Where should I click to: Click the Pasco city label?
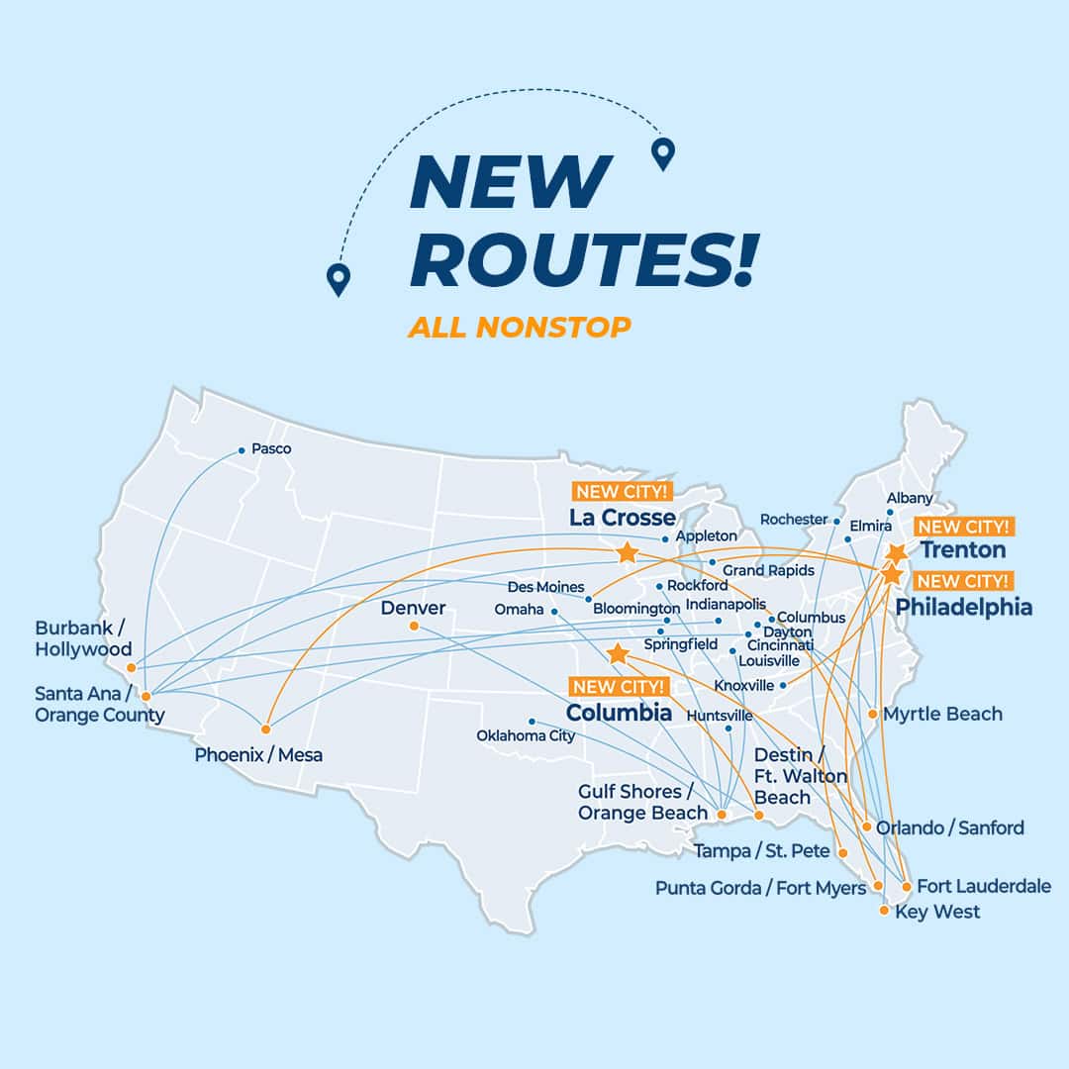(271, 448)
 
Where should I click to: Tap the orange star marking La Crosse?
(627, 552)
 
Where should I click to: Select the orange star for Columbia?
(618, 653)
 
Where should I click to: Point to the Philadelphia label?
(963, 607)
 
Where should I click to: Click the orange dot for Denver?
(414, 626)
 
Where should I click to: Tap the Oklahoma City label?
(526, 736)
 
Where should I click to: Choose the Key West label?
(936, 912)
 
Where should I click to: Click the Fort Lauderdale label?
(983, 886)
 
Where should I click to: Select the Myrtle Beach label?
(942, 714)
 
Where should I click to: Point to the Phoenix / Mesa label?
(258, 755)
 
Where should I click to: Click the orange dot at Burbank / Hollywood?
(131, 667)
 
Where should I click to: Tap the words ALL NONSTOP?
(519, 327)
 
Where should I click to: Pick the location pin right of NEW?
(662, 153)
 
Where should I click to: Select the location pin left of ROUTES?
(339, 279)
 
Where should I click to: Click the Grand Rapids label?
(768, 570)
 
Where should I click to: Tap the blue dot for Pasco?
(241, 450)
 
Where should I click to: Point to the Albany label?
(910, 498)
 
